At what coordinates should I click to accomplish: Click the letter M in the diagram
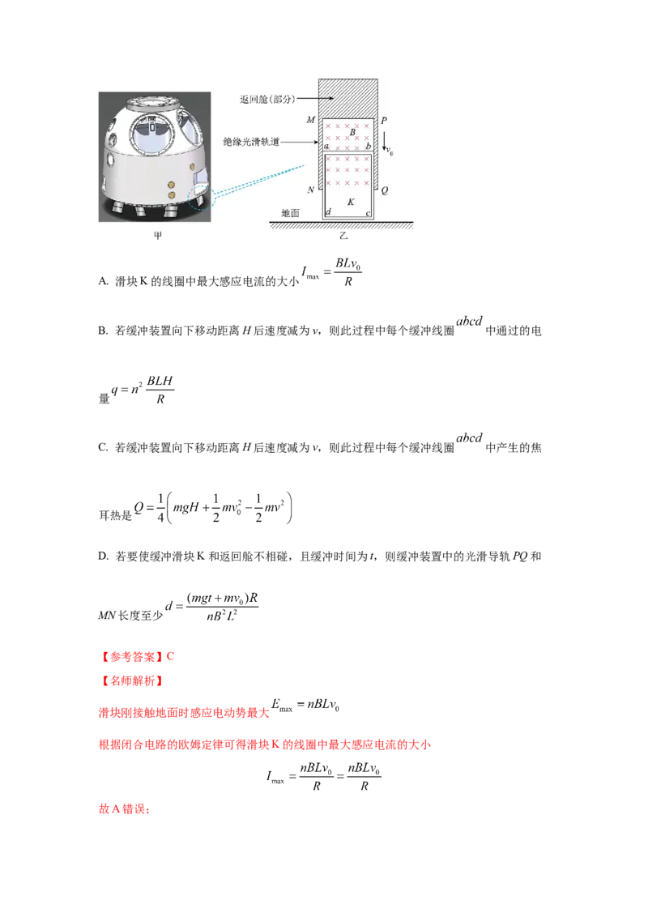pyautogui.click(x=311, y=120)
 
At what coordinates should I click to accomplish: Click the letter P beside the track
pyautogui.click(x=384, y=120)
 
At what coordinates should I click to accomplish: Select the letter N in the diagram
pyautogui.click(x=311, y=190)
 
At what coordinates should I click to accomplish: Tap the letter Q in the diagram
pyautogui.click(x=384, y=190)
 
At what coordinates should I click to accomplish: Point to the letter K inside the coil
pyautogui.click(x=350, y=201)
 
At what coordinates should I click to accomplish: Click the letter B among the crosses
pyautogui.click(x=352, y=131)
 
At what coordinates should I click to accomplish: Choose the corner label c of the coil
pyautogui.click(x=368, y=213)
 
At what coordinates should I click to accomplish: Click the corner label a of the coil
pyautogui.click(x=326, y=146)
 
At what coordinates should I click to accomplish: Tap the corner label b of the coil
pyautogui.click(x=369, y=146)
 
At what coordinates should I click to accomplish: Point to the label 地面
pyautogui.click(x=290, y=213)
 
